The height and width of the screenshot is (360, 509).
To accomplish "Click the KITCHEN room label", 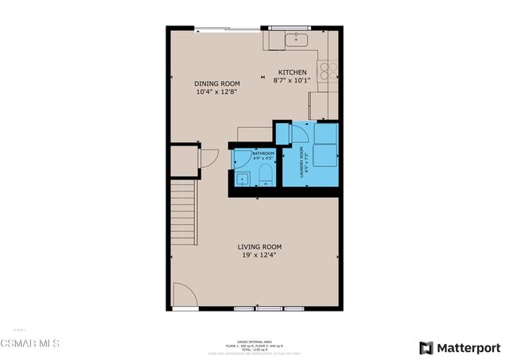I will (x=292, y=72).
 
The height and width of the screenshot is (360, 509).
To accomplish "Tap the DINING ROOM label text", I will (x=216, y=83).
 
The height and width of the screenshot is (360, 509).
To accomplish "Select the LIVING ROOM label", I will (x=259, y=247).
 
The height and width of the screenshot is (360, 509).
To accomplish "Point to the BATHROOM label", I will (x=263, y=153).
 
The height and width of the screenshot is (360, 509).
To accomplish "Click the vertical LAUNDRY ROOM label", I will (x=301, y=161).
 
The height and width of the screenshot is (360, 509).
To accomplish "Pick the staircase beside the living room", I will (x=184, y=212).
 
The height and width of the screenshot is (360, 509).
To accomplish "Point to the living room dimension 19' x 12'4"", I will (x=259, y=256).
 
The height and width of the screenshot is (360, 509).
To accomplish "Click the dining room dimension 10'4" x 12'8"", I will (x=216, y=92).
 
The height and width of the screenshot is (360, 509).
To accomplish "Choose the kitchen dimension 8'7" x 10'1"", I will (x=292, y=80).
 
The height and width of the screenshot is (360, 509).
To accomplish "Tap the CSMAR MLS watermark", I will (x=30, y=343).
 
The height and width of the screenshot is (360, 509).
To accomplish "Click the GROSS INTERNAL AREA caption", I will (x=255, y=339).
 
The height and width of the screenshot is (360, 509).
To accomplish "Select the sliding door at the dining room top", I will (x=221, y=29).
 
